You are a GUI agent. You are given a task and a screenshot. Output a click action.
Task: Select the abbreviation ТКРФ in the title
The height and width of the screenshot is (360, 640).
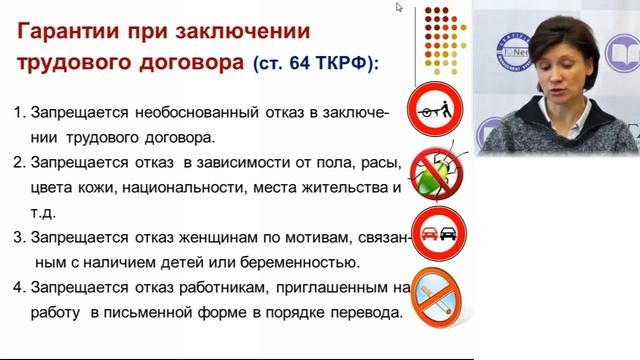pos(349,63)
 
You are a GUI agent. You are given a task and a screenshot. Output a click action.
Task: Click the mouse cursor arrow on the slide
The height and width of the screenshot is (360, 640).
pos(399,8)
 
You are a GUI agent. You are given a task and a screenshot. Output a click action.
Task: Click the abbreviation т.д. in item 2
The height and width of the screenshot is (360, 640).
pos(46,212)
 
